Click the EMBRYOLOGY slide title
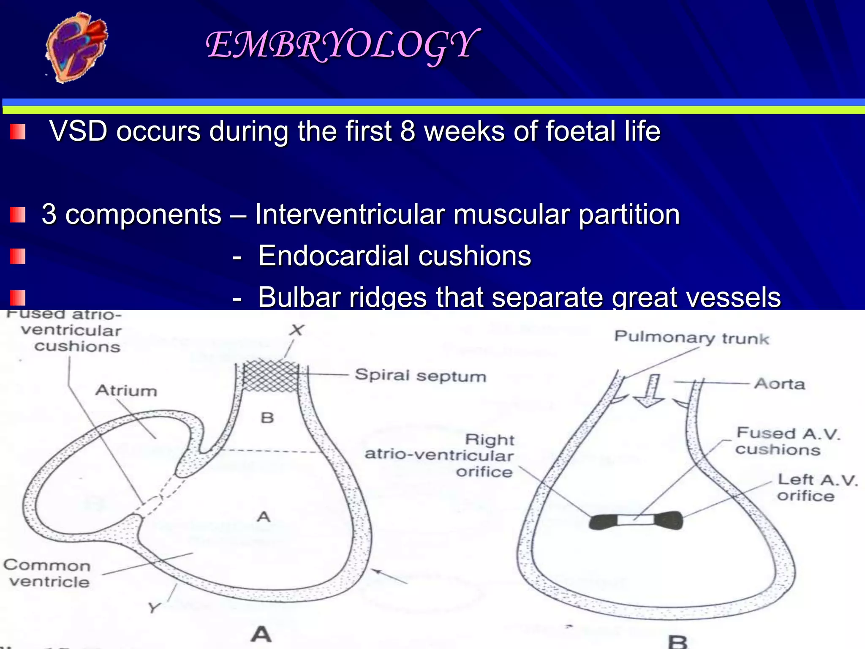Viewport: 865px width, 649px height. pyautogui.click(x=342, y=46)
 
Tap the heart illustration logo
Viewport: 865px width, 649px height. pyautogui.click(x=76, y=47)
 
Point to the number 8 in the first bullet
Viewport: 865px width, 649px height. pyautogui.click(x=408, y=131)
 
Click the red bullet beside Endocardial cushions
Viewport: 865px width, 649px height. pyautogui.click(x=18, y=256)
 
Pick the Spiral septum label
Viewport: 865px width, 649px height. pyautogui.click(x=420, y=376)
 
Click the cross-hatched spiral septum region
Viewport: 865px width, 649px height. pyautogui.click(x=270, y=375)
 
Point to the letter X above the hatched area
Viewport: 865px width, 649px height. pyautogui.click(x=296, y=330)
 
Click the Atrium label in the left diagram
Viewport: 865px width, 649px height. pyautogui.click(x=126, y=391)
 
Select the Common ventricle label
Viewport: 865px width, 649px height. pyautogui.click(x=47, y=573)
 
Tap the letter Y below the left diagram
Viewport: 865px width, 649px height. pyautogui.click(x=154, y=608)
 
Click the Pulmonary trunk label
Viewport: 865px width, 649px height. pyautogui.click(x=691, y=338)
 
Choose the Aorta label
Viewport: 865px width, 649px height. pyautogui.click(x=780, y=384)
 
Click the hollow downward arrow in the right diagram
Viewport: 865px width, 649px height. pyautogui.click(x=649, y=391)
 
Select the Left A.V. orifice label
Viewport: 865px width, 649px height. pyautogui.click(x=817, y=488)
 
